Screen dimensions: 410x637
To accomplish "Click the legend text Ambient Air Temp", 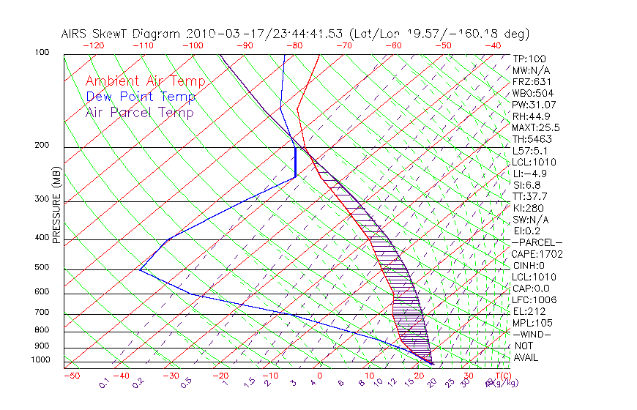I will [x=146, y=81].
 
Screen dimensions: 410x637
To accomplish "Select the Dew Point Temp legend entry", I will [x=141, y=97].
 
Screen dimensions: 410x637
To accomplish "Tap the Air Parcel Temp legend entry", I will [x=140, y=112].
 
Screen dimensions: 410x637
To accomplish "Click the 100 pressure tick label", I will [x=41, y=53].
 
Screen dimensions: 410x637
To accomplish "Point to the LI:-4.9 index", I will [x=529, y=174].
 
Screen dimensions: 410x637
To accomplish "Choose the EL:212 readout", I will [x=528, y=311].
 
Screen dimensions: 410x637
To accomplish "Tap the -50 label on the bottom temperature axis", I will [x=71, y=376].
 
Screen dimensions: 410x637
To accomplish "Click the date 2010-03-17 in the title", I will [x=220, y=34].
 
